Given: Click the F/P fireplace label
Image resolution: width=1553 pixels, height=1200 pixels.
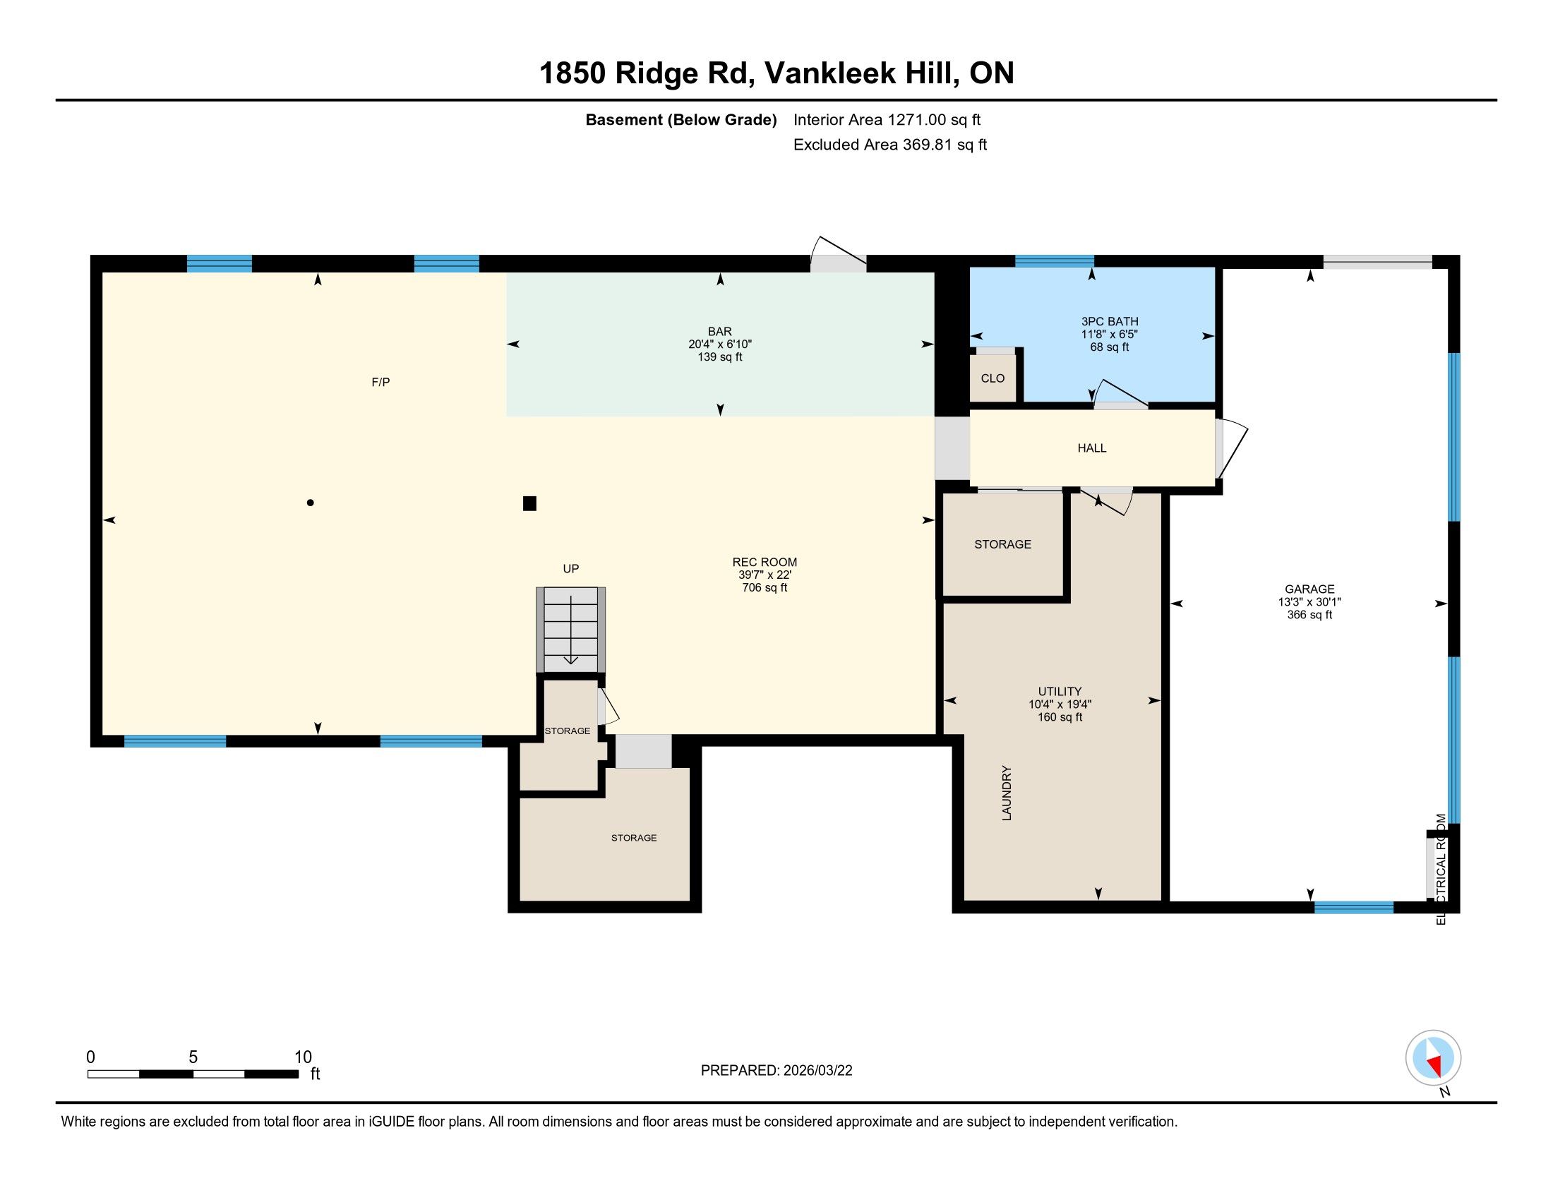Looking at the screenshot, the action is [380, 383].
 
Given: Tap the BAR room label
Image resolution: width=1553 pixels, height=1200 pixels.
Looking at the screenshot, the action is [719, 331].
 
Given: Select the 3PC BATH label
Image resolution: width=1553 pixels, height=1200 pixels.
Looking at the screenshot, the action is [1109, 321].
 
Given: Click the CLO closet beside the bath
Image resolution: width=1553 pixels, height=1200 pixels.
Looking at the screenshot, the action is [993, 378].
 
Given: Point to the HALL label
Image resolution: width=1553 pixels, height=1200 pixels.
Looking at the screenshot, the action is [1091, 448].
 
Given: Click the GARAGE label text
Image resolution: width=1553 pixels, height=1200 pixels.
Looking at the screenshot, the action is [1309, 589].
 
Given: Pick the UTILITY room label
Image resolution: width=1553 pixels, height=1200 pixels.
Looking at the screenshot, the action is [1060, 691].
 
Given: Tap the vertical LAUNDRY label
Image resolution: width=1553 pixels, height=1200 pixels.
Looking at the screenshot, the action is [1006, 793].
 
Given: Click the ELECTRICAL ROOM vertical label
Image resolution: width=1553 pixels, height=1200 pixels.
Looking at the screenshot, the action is [1441, 869].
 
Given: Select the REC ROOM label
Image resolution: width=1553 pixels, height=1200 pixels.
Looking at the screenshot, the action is [764, 562].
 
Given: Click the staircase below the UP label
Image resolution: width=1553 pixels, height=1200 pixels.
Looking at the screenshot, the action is [570, 629].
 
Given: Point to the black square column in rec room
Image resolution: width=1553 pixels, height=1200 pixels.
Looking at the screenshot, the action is [529, 503].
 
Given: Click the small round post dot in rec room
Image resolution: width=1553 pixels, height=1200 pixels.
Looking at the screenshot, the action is [310, 503].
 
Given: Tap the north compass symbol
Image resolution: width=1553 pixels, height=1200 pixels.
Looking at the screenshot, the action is [1433, 1058].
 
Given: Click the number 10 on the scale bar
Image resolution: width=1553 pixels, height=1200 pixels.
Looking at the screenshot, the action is [303, 1057].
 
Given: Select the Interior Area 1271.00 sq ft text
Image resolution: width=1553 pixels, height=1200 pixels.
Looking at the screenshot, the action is [887, 119].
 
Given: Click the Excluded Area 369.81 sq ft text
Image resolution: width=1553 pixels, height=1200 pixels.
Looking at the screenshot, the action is [890, 144].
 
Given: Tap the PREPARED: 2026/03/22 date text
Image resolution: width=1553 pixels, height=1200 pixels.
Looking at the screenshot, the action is [776, 1071].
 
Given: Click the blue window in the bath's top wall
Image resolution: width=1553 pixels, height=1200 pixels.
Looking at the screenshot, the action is [1054, 261].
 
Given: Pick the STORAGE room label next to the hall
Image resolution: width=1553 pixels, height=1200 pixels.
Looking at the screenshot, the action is [1002, 544].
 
